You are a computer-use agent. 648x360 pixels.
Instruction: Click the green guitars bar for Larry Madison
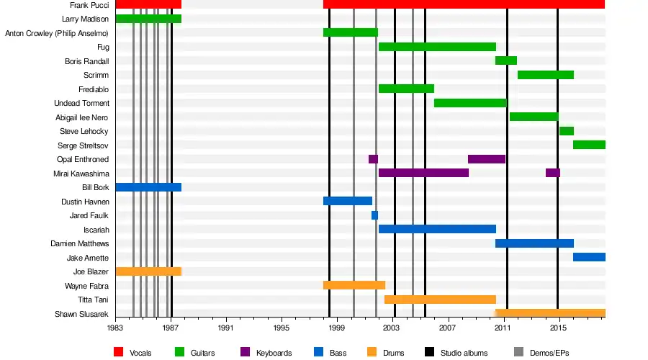[148, 19]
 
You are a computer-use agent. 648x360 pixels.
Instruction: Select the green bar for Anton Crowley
[351, 32]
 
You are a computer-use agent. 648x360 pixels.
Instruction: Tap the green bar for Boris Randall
[506, 60]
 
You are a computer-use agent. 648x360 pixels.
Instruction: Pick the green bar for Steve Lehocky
[567, 131]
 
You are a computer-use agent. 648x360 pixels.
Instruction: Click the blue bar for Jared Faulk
[375, 215]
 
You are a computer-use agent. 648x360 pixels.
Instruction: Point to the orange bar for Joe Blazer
[148, 271]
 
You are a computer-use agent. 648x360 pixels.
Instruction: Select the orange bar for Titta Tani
[440, 300]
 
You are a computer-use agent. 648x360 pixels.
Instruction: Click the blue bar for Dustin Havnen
[348, 201]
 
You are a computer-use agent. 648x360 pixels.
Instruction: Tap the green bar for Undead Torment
[470, 103]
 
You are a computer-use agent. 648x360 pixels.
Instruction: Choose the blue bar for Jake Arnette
[589, 257]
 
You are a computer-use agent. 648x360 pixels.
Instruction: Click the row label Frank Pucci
[89, 5]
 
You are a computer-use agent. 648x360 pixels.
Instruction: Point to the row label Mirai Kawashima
[81, 174]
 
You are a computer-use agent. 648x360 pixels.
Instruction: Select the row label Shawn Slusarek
[81, 314]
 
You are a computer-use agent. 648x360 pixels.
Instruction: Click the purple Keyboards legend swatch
[245, 352]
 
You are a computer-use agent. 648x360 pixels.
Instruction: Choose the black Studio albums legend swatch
[430, 352]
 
